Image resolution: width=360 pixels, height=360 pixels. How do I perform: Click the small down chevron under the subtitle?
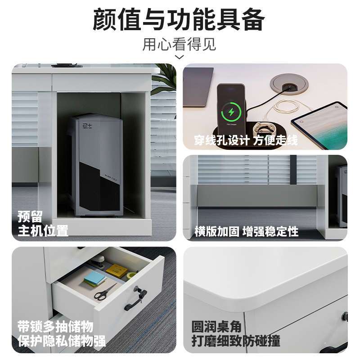(x=179, y=57)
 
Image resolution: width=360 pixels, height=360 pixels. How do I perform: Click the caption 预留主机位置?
(x=43, y=224)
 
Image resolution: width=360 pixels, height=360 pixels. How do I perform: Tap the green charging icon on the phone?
(x=232, y=111)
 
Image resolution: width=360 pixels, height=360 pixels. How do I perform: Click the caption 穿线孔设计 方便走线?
(x=246, y=140)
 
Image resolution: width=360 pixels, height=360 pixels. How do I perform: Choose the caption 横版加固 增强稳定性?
(x=246, y=232)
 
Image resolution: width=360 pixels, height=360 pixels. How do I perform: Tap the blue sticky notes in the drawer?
(x=94, y=279)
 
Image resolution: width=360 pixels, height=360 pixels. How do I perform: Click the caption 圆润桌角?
(x=216, y=327)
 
